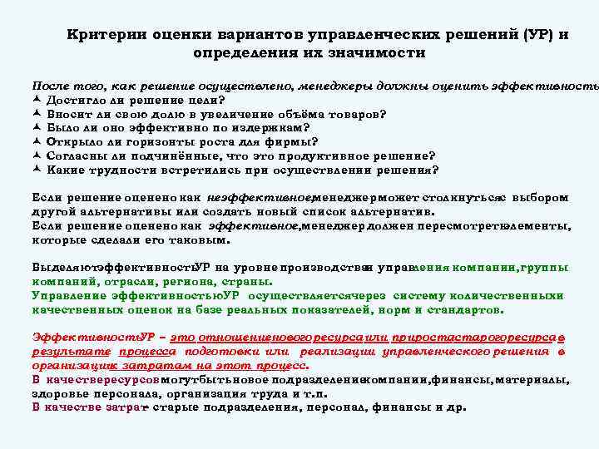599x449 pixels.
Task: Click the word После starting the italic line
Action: pyautogui.click(x=50, y=86)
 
